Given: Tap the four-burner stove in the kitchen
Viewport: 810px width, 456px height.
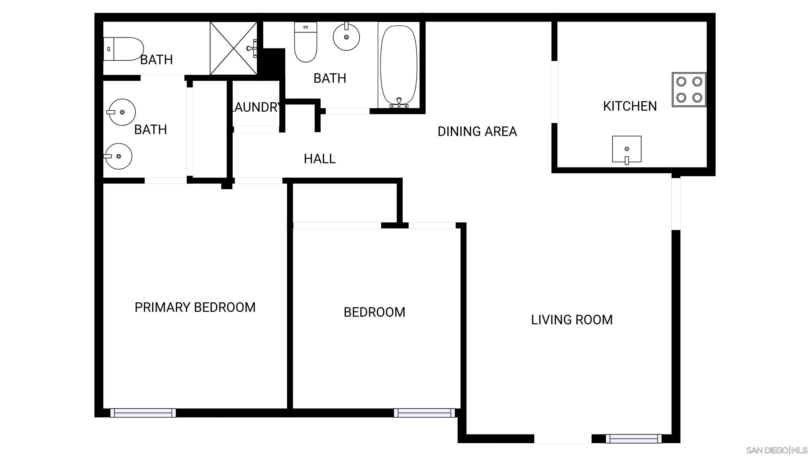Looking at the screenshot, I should click(689, 90).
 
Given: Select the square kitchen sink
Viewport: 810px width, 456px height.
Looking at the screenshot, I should click(626, 149).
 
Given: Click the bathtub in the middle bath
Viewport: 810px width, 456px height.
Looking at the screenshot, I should click(399, 65).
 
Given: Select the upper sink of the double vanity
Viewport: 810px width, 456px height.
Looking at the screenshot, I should click(122, 112).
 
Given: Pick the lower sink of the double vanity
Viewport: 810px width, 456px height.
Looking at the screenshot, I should click(119, 156).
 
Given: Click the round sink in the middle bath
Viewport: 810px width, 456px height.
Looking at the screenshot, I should click(346, 37).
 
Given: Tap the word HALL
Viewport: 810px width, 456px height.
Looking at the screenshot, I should click(320, 159).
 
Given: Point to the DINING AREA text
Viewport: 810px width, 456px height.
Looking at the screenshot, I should click(477, 131).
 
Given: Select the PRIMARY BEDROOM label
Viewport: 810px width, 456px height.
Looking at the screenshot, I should click(195, 307).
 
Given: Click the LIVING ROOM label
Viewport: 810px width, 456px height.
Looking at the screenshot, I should click(572, 320).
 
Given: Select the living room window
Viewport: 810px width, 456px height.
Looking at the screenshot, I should click(633, 438).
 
